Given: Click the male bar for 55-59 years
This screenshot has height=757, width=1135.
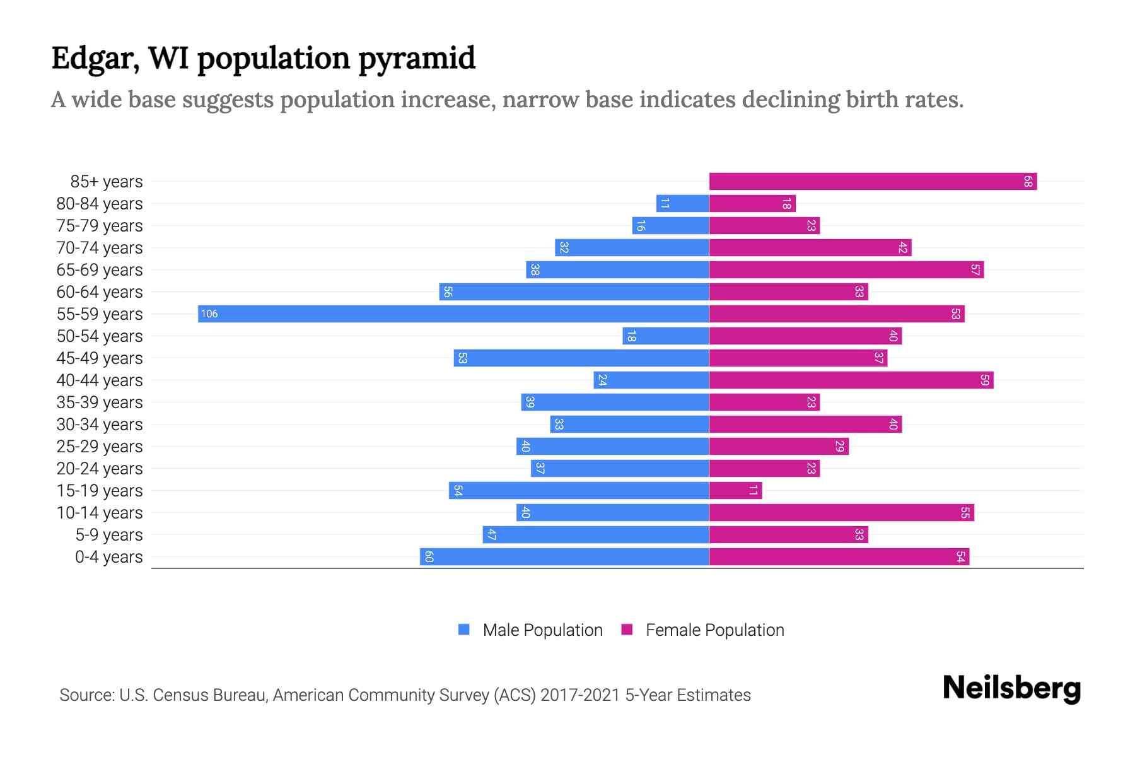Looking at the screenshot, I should coord(453,314).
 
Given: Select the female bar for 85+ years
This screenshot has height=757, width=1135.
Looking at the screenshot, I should coord(873,182).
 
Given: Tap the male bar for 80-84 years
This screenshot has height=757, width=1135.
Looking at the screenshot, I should coord(682,204).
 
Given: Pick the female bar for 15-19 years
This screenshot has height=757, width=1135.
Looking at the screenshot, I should coord(735,491).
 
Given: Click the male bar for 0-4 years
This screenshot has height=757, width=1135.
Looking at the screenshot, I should coord(564,557).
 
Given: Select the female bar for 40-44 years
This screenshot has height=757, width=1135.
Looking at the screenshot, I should coord(851,380).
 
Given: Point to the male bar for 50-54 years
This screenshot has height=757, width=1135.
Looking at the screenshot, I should coord(666,336).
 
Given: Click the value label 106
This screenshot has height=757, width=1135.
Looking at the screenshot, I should coord(209,314).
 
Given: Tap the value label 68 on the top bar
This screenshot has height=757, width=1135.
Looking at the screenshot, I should coord(1028,182).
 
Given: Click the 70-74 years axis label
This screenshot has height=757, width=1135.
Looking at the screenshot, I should coord(100,248).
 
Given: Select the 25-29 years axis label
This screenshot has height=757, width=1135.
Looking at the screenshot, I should coord(100,447).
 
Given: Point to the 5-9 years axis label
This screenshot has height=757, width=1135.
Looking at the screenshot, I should coord(109,535).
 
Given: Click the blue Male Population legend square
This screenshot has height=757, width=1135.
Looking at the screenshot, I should coord(464,630).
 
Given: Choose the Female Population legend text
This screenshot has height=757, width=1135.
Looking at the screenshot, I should coord(714,630).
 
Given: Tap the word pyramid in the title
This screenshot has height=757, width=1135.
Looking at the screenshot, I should coord(417,59).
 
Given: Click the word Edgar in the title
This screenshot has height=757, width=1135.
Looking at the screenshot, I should coord(95,59).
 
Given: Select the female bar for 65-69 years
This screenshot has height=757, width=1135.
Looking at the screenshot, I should coord(846,270).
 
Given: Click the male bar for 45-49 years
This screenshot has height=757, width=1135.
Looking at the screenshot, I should coord(581,358).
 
